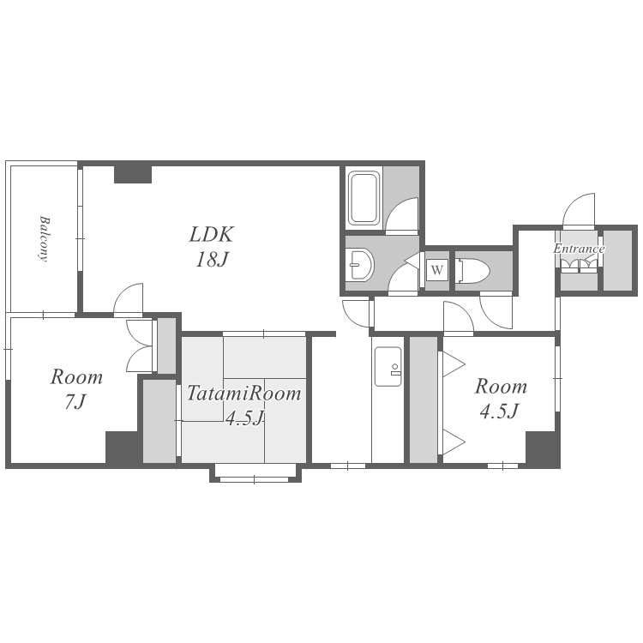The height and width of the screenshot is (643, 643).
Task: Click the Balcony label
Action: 44,238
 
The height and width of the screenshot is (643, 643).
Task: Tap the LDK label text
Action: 211,234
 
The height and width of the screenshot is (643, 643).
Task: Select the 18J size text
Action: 211,259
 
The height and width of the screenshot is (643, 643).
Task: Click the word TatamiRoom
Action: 244,393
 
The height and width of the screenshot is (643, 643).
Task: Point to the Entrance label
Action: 579,249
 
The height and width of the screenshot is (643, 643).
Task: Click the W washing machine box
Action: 436,271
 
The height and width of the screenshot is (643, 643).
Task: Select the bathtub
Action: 364,199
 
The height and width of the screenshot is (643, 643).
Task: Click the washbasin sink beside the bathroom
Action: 359,265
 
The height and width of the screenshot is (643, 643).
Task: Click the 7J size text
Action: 75,402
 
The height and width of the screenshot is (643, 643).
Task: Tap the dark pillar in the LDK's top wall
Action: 132,174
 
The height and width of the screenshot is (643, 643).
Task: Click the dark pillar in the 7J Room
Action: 122,447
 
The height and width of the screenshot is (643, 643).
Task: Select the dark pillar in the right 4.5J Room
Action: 543,448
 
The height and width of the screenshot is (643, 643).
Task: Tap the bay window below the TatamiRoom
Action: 255,472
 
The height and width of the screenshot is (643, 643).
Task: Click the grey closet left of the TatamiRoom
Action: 159,421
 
